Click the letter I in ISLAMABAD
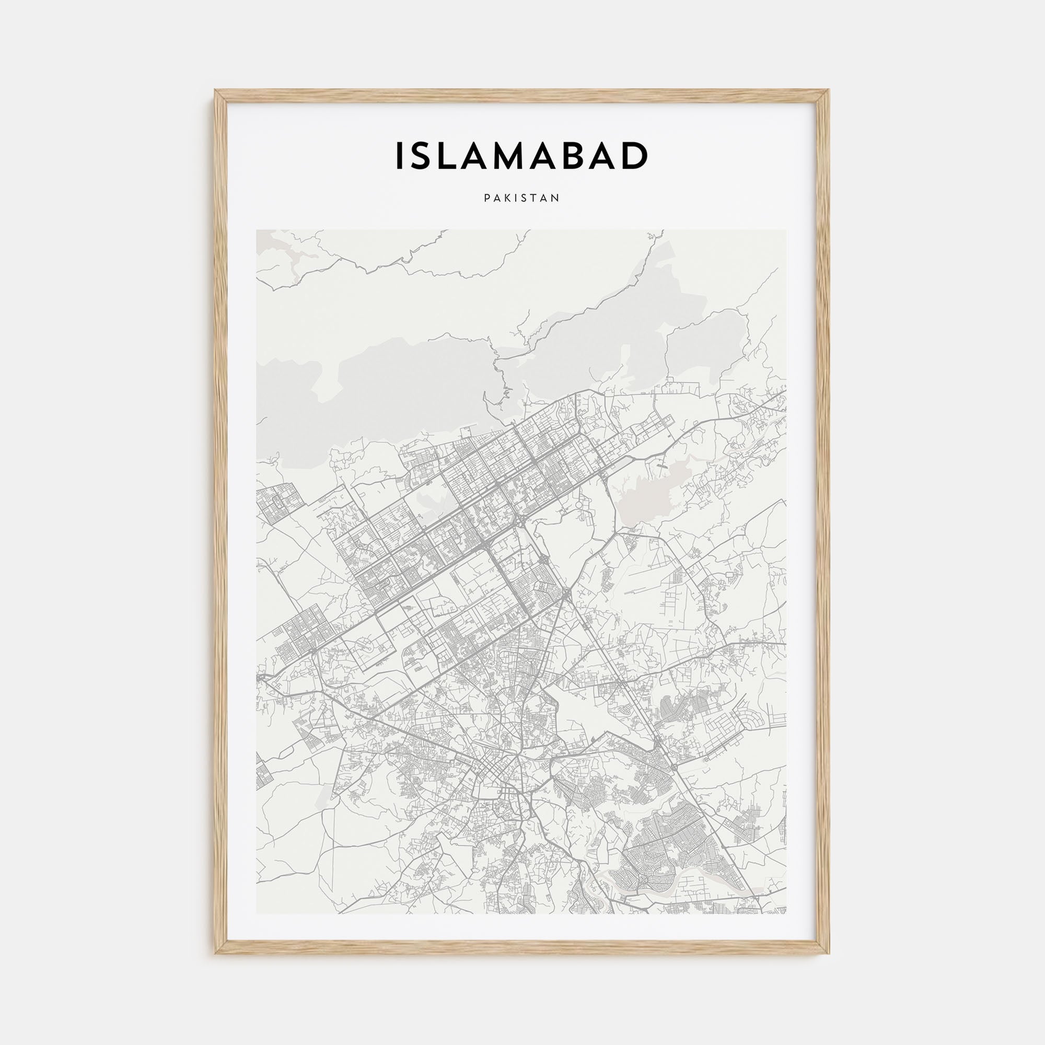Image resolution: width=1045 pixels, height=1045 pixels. click(x=399, y=156)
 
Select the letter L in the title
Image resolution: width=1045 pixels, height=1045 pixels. click(x=452, y=156)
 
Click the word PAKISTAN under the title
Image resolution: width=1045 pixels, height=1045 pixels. click(x=522, y=199)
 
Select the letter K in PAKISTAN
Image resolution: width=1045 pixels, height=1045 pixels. click(x=507, y=199)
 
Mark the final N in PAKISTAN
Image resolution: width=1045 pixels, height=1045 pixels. click(x=556, y=199)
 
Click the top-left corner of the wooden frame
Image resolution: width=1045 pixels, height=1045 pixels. click(x=216, y=91)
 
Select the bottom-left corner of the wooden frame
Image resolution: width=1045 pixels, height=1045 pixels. click(x=216, y=953)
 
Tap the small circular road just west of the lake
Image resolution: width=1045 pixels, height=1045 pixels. click(x=580, y=505)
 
